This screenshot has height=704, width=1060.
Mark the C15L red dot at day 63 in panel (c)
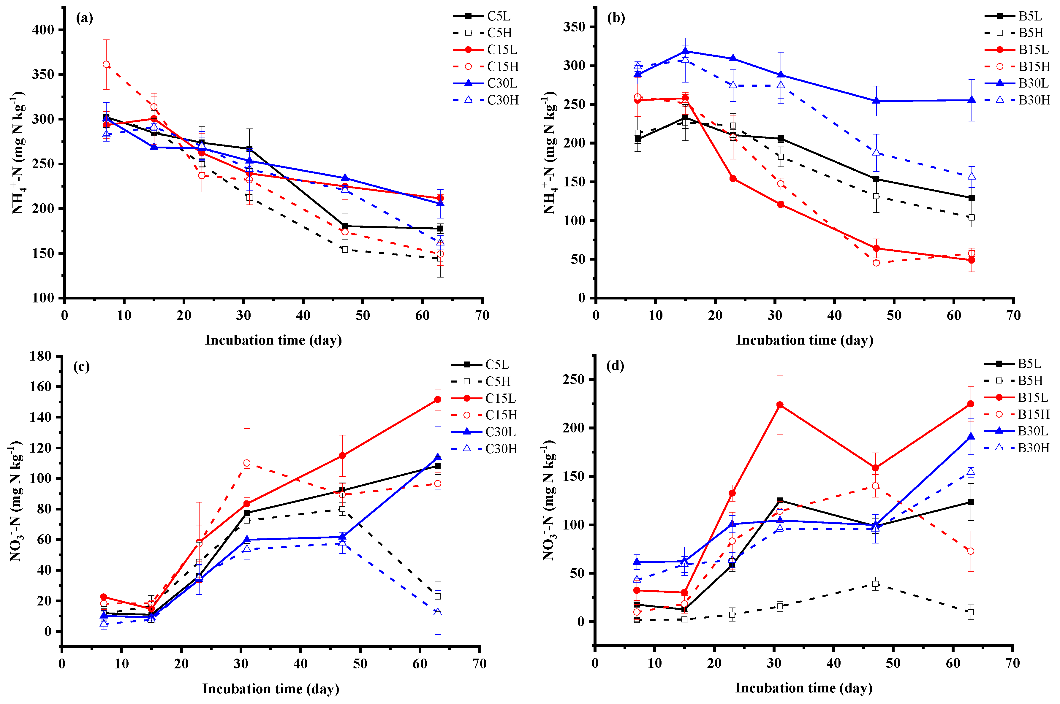tap(438, 399)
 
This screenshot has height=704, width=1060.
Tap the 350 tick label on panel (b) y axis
tap(575, 27)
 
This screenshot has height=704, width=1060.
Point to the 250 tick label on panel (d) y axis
tap(574, 379)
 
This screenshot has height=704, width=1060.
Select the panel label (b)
tap(616, 18)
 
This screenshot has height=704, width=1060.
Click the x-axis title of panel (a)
tap(273, 340)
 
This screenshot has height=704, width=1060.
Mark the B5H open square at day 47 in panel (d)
tap(875, 584)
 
